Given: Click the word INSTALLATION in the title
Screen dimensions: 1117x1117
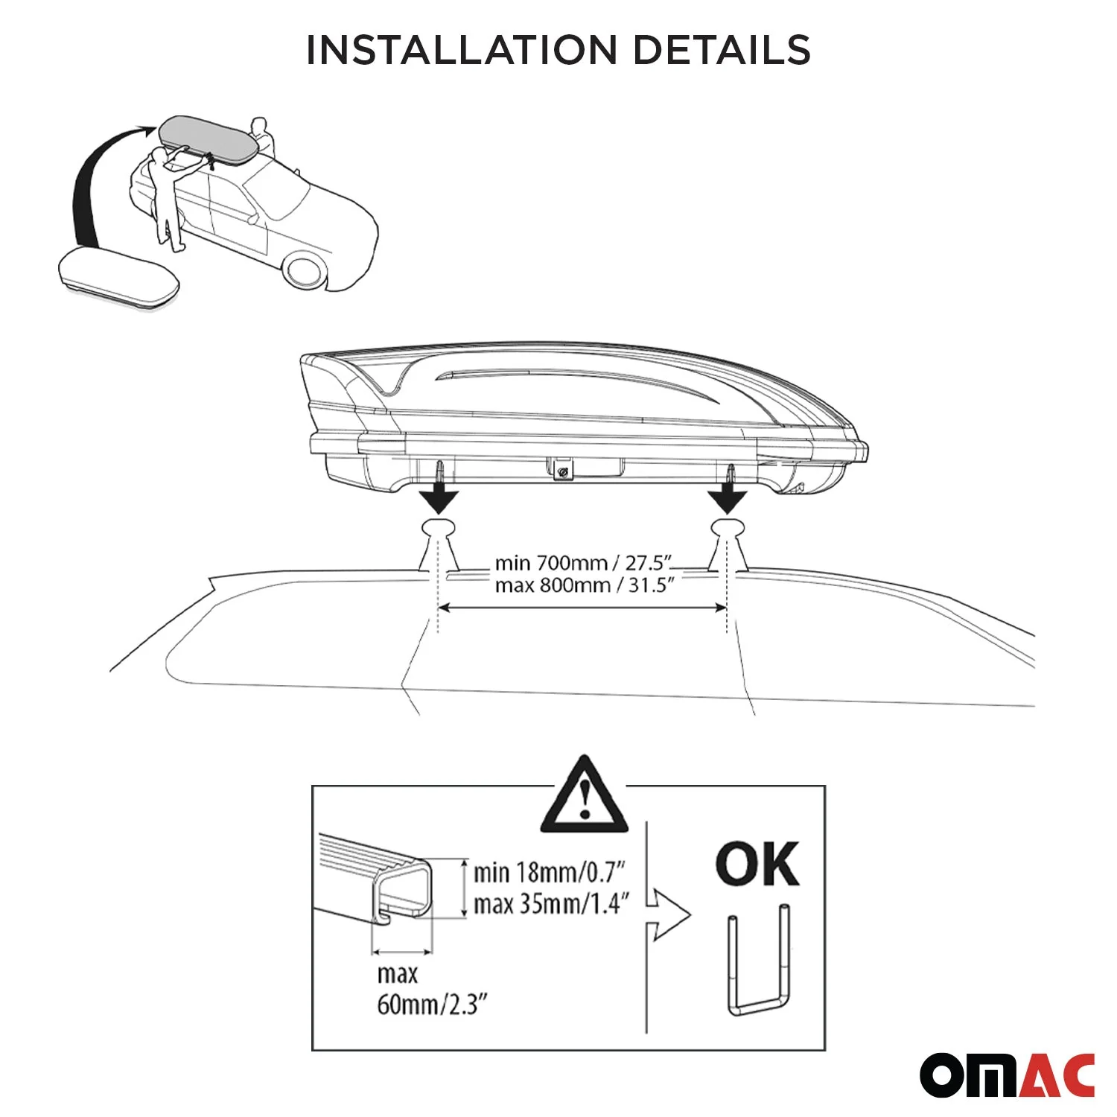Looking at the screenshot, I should pyautogui.click(x=461, y=50).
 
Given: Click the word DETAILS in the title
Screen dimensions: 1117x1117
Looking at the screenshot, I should pyautogui.click(x=721, y=50).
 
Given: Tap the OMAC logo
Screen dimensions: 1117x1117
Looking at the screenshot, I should pyautogui.click(x=1007, y=1075).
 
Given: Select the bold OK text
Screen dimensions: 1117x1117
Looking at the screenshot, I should pyautogui.click(x=757, y=865).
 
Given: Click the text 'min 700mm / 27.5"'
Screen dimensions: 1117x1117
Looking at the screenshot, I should pyautogui.click(x=584, y=562).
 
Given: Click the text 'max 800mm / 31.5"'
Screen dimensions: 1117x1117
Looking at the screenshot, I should pyautogui.click(x=584, y=585).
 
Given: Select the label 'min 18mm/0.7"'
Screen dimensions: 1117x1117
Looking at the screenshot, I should pyautogui.click(x=549, y=872).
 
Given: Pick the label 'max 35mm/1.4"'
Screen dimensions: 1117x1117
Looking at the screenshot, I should pyautogui.click(x=551, y=904).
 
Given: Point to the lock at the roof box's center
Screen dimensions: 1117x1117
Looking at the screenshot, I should pyautogui.click(x=563, y=471).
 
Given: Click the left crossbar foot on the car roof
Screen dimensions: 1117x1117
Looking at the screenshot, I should pyautogui.click(x=439, y=547).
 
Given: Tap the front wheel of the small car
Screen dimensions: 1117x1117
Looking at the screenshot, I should pyautogui.click(x=305, y=270).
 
